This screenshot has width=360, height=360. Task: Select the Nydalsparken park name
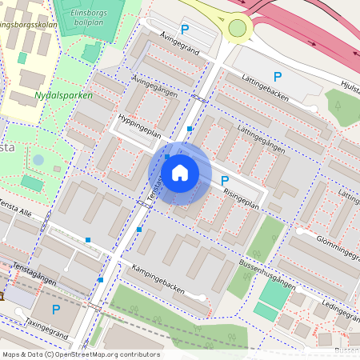[64, 95]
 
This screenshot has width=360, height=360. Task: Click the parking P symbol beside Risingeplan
[224, 181]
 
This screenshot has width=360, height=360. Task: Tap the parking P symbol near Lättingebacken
[278, 77]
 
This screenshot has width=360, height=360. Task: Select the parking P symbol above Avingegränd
[185, 30]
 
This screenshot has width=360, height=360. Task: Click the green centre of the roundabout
[237, 29]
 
